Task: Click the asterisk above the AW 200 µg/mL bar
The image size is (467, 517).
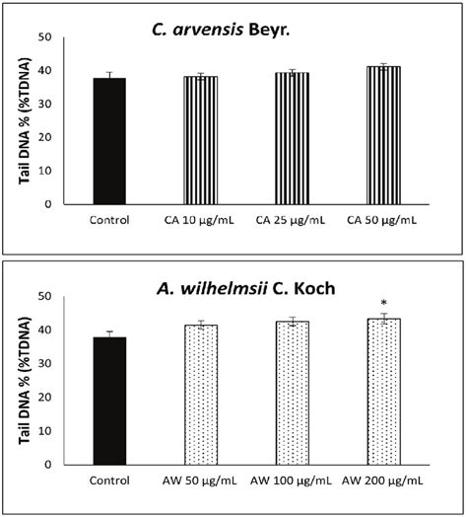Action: pos(383,304)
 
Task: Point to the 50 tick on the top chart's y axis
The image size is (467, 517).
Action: pos(43,37)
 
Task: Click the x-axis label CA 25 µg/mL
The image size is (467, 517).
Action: pos(292,222)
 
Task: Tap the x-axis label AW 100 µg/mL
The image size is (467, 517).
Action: pos(292,482)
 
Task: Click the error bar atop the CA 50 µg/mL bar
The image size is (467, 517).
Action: pos(383,66)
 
